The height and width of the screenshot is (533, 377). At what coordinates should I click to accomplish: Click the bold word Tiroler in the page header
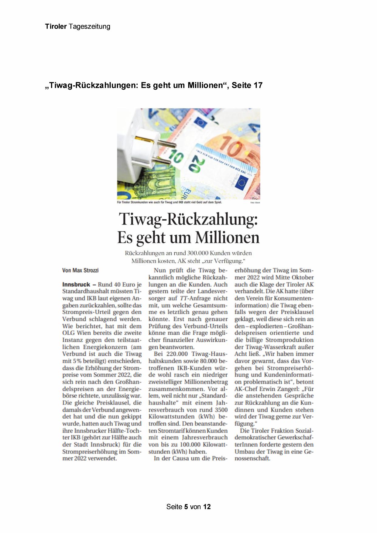(x=56, y=26)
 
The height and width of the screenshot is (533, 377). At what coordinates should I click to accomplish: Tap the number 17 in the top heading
(x=258, y=85)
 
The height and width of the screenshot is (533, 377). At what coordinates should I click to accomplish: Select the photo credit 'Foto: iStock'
(x=255, y=202)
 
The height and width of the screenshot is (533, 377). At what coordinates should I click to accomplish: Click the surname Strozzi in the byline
(x=91, y=270)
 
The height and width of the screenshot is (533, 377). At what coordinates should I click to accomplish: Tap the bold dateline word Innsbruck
(x=76, y=285)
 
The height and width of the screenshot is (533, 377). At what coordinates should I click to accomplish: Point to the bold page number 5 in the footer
(x=186, y=507)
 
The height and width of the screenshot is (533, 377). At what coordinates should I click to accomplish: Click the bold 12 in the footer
(x=207, y=507)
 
